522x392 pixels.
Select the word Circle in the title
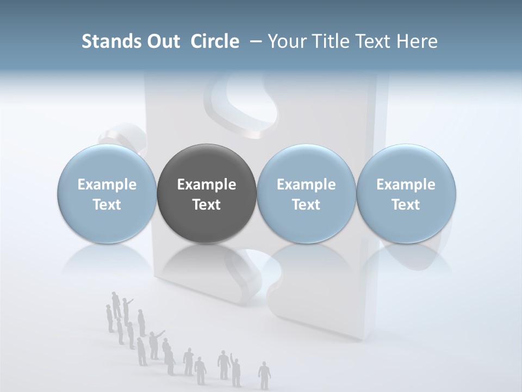[215, 41]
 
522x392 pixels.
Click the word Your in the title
[284, 41]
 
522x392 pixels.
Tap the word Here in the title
[418, 41]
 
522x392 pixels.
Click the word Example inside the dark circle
[207, 185]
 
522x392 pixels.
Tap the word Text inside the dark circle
[207, 205]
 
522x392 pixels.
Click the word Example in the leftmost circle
[107, 185]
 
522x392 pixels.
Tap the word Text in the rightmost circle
[406, 205]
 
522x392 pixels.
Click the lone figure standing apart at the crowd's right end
[264, 375]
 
